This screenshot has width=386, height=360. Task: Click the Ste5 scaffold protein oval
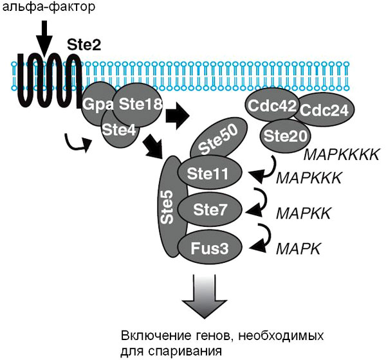[x=169, y=206]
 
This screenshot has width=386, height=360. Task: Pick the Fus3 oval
[x=210, y=246]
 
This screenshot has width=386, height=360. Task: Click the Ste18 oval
[x=140, y=102]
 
